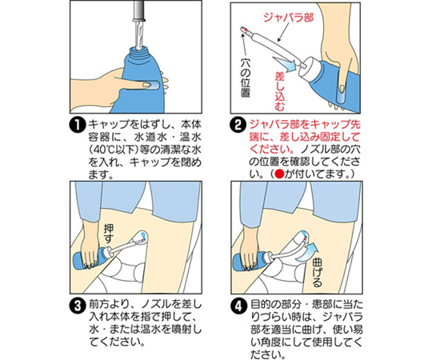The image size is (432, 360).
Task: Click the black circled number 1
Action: (78, 126)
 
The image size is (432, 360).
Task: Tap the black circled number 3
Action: (78, 306)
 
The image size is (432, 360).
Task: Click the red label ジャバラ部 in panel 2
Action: (289, 18)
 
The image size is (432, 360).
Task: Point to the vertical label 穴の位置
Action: (246, 78)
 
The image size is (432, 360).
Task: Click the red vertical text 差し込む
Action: (280, 91)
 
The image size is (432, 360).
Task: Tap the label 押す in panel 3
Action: (109, 234)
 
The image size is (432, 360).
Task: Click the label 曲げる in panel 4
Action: (317, 274)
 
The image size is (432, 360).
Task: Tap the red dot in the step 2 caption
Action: (280, 174)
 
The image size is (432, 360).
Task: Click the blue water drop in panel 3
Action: (143, 235)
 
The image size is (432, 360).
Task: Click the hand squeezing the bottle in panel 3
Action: (92, 244)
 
